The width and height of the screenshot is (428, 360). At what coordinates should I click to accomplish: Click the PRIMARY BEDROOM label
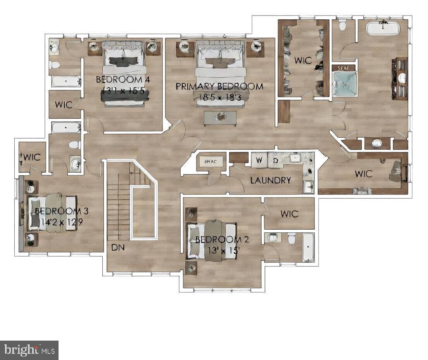click(x=219, y=86)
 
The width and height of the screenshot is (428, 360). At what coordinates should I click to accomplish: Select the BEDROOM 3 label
click(x=62, y=211)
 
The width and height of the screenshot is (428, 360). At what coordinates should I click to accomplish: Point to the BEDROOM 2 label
click(x=222, y=239)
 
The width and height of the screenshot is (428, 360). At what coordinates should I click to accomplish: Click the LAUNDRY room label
click(x=270, y=180)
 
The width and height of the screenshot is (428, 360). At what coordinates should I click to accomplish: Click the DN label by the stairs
click(x=118, y=247)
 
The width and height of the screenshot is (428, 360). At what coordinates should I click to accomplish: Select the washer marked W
click(x=259, y=160)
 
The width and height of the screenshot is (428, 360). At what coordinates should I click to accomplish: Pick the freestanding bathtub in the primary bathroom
click(x=383, y=28)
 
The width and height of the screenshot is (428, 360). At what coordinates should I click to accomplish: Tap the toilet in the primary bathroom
click(x=342, y=26)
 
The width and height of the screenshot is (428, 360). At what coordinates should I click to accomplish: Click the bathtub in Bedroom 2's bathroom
click(x=308, y=247)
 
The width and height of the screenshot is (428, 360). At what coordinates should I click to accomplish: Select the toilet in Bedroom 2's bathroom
click(x=292, y=238)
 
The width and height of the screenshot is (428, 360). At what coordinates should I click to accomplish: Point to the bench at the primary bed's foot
click(x=220, y=118)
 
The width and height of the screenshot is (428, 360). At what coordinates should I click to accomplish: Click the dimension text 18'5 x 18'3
click(x=219, y=97)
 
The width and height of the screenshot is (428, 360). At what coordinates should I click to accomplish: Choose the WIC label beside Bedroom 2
click(x=289, y=214)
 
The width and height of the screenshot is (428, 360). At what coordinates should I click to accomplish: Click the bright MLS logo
click(x=29, y=350)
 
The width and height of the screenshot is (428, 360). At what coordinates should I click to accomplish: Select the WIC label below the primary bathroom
click(x=363, y=174)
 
